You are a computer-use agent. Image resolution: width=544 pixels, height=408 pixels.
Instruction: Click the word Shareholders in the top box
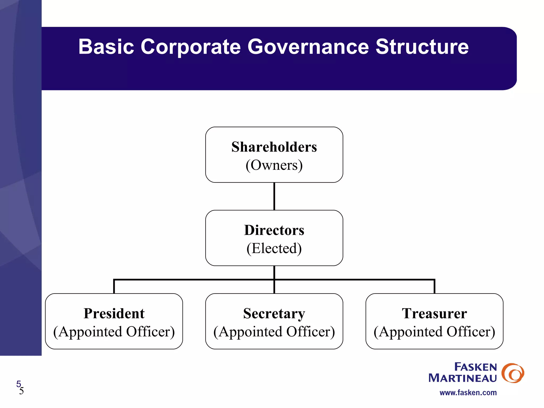pyautogui.click(x=274, y=147)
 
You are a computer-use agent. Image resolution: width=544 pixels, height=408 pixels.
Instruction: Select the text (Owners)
pyautogui.click(x=274, y=165)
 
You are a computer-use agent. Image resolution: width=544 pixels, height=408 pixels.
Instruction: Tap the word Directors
pyautogui.click(x=274, y=230)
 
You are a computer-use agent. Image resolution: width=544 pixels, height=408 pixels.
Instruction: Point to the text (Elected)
pyautogui.click(x=274, y=248)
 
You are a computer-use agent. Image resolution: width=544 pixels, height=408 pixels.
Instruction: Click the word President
pyautogui.click(x=114, y=313)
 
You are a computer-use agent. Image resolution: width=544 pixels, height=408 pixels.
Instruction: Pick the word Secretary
pyautogui.click(x=274, y=313)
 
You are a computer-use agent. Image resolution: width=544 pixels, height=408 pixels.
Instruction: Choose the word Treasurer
pyautogui.click(x=434, y=313)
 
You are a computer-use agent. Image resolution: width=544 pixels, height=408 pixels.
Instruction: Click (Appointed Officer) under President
pyautogui.click(x=114, y=332)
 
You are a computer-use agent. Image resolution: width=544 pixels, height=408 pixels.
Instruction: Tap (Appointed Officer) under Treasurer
pyautogui.click(x=434, y=332)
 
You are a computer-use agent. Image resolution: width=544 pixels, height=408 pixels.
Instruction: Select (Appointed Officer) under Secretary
pyautogui.click(x=274, y=332)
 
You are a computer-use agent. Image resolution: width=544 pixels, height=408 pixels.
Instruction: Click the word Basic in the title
pyautogui.click(x=106, y=47)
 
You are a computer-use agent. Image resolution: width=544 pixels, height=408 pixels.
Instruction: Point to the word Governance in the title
pyautogui.click(x=308, y=47)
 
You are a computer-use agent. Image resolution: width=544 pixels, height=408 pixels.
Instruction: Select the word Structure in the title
pyautogui.click(x=422, y=47)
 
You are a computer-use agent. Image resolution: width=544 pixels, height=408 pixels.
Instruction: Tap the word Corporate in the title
pyautogui.click(x=190, y=47)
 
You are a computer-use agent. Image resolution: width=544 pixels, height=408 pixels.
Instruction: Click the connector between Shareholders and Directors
pyautogui.click(x=274, y=196)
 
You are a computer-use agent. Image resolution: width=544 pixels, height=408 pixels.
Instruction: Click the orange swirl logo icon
pyautogui.click(x=513, y=373)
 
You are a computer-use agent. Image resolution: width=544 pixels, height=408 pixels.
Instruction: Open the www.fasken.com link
pyautogui.click(x=468, y=393)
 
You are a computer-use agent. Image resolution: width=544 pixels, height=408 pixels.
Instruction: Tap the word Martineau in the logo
pyautogui.click(x=462, y=378)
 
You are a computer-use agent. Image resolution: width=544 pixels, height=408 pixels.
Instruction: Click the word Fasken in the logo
pyautogui.click(x=475, y=367)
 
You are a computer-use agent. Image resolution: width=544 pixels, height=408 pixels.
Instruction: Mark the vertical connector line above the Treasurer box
pyautogui.click(x=434, y=287)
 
